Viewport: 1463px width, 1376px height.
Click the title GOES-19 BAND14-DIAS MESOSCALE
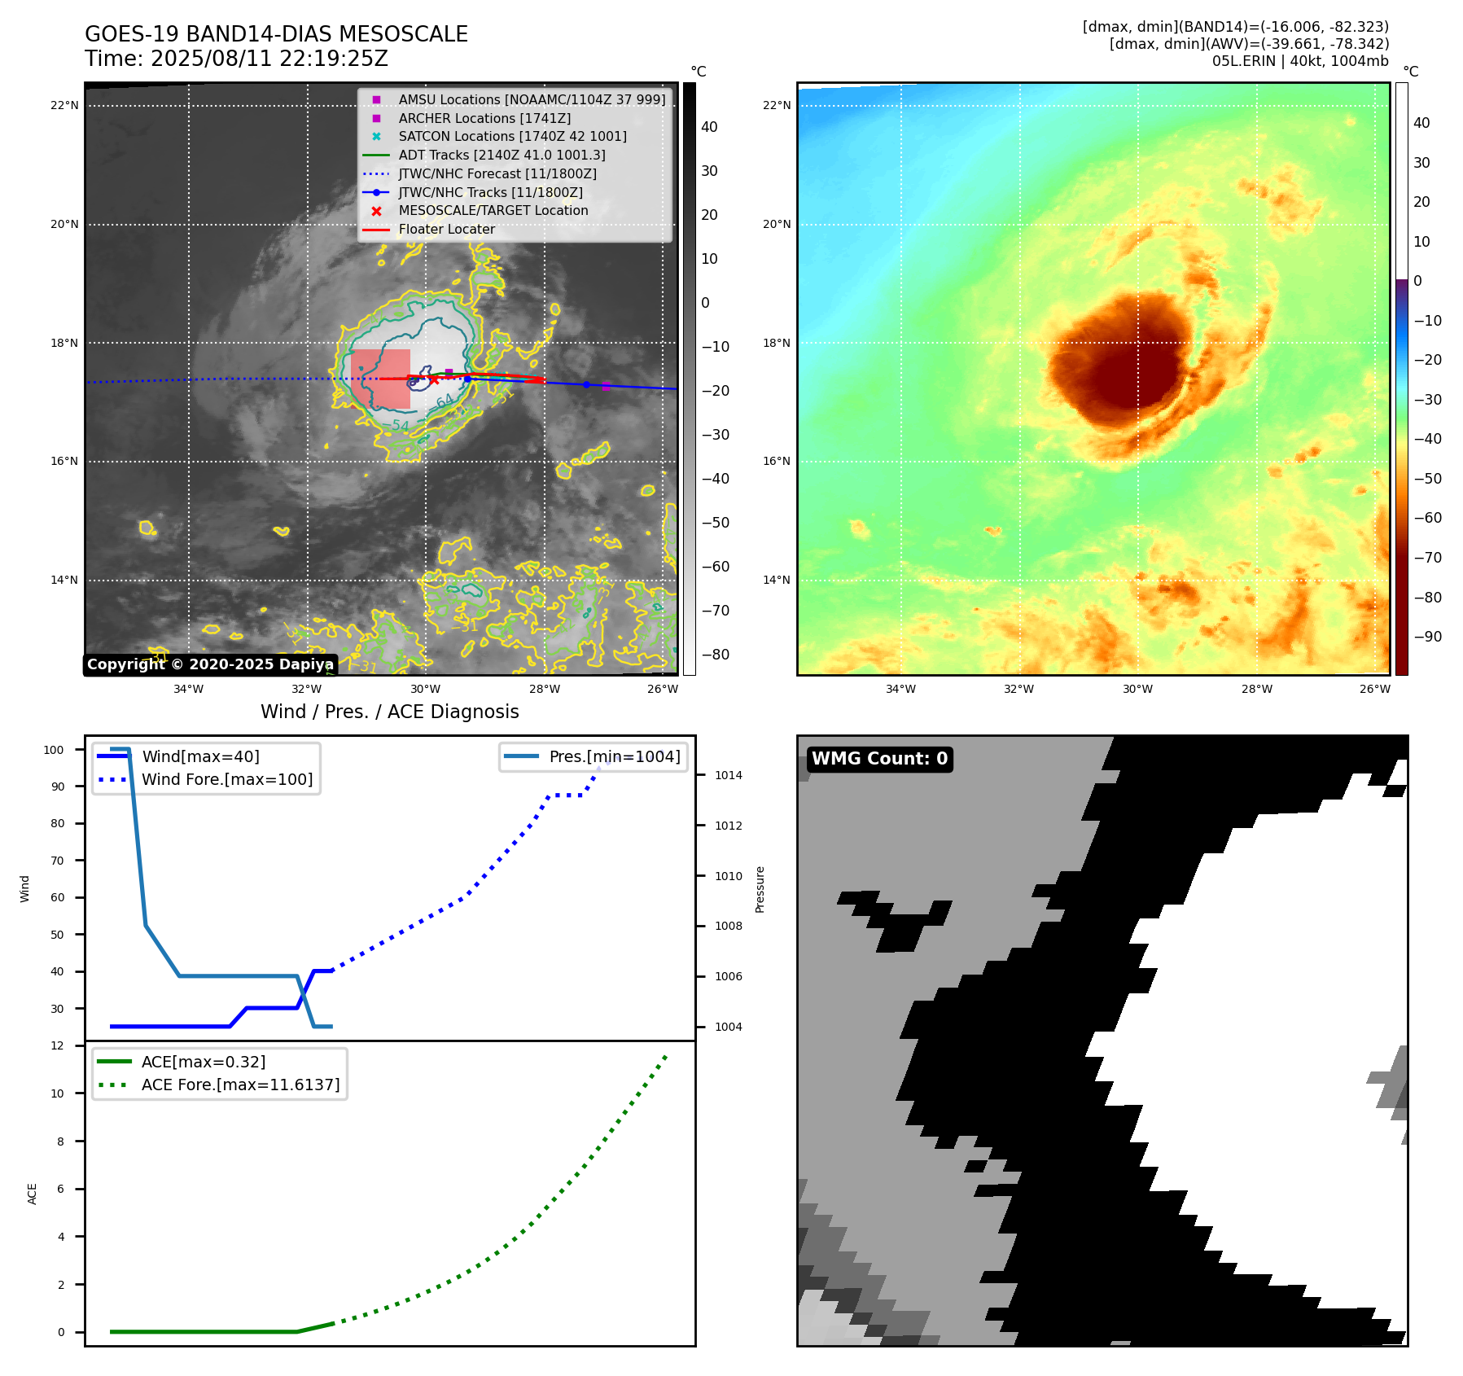[x=276, y=34]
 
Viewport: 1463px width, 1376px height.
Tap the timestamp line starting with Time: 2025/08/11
[x=236, y=59]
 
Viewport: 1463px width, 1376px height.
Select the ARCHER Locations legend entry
[x=484, y=118]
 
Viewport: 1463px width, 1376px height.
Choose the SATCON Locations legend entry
[x=512, y=137]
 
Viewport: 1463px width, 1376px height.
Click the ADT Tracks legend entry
[x=502, y=155]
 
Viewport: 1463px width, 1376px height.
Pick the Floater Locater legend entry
[x=446, y=230]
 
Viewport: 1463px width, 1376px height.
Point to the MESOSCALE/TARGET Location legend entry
[x=493, y=211]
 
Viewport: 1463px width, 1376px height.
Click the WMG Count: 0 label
[x=879, y=759]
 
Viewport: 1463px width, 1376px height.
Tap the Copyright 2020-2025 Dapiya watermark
[x=210, y=664]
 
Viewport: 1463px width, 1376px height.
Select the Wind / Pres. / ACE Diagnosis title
[x=389, y=712]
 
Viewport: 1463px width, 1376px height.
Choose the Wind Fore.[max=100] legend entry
[x=227, y=779]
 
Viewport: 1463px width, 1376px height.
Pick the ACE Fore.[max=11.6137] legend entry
[x=240, y=1085]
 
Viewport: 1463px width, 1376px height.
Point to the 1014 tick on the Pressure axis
[x=728, y=775]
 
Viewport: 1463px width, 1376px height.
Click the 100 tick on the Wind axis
[x=54, y=750]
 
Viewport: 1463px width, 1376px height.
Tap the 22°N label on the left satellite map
[x=64, y=105]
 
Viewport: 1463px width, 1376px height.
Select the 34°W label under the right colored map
[x=900, y=689]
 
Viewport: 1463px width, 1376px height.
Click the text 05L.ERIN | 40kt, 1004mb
[x=1299, y=61]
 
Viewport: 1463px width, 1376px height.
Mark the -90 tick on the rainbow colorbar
[x=1427, y=637]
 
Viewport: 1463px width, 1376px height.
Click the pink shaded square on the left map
[x=380, y=379]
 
